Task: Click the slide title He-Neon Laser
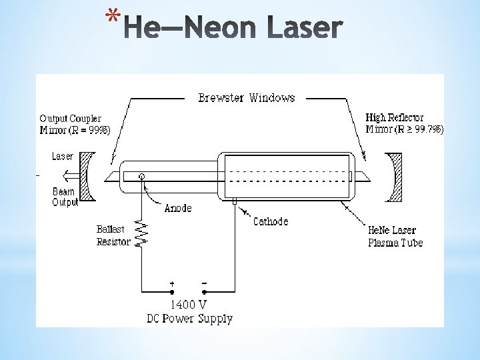(233, 29)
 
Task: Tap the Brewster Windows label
(246, 98)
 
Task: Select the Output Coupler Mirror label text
(75, 125)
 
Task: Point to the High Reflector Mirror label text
(404, 123)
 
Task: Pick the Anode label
(177, 208)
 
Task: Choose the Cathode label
(271, 221)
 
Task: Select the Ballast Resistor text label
(113, 235)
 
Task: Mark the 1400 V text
(189, 305)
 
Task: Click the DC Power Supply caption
(189, 319)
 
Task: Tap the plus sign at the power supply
(172, 283)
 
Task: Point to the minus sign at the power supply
(204, 283)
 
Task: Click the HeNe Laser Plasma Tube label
(395, 236)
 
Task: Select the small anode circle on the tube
(141, 177)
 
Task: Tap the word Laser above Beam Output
(63, 157)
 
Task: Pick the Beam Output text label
(65, 197)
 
